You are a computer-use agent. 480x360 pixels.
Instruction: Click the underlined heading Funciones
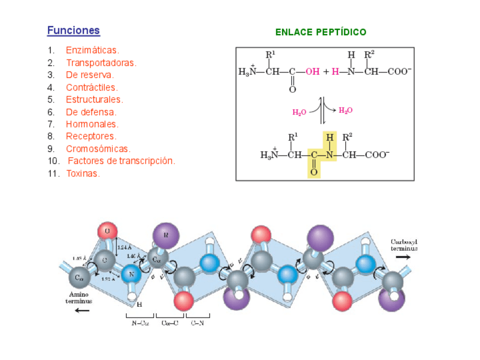click(x=74, y=31)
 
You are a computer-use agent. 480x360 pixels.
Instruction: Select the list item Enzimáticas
click(x=92, y=50)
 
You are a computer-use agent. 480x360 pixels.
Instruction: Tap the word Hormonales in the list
click(x=92, y=124)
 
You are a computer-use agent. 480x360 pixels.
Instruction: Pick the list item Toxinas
click(x=83, y=173)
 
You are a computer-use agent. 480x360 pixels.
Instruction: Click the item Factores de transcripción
click(x=121, y=161)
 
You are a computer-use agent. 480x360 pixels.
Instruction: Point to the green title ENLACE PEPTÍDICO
click(x=320, y=32)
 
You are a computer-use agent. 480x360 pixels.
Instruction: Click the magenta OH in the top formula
click(x=312, y=72)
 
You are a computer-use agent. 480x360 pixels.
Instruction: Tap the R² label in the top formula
click(x=369, y=55)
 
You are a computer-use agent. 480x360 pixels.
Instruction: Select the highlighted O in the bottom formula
click(x=314, y=170)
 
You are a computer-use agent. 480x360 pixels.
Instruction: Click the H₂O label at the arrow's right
click(x=345, y=110)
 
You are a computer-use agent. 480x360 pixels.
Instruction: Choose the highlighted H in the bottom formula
click(x=329, y=137)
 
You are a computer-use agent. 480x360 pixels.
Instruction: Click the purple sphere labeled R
click(x=166, y=234)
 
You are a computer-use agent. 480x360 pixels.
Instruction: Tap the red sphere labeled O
click(x=107, y=231)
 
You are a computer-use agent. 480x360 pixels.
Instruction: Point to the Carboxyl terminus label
click(x=404, y=245)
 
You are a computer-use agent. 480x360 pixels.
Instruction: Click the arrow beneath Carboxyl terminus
click(x=403, y=256)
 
